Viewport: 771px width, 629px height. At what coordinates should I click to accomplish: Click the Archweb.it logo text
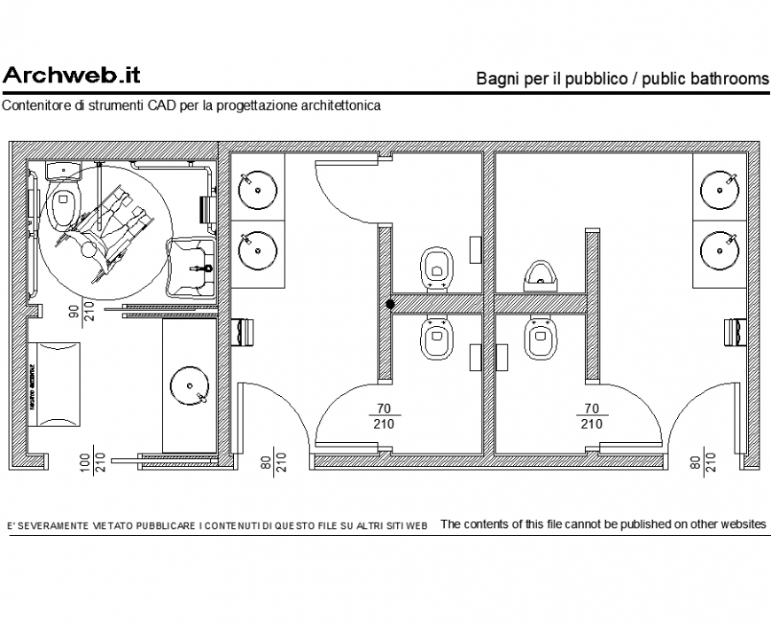[71, 75]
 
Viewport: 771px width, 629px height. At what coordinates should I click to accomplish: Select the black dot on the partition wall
[390, 304]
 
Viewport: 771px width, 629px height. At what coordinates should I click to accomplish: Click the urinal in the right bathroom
[540, 275]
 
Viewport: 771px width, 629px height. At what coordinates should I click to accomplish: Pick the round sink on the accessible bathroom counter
[189, 386]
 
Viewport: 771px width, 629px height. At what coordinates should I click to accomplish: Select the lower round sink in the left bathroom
[257, 248]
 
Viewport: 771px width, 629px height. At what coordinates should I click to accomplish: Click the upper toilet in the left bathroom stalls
[435, 267]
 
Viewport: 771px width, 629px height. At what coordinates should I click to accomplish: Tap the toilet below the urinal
[540, 338]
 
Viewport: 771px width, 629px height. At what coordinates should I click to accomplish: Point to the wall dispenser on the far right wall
[735, 330]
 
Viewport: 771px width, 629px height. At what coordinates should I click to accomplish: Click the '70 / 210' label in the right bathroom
[591, 416]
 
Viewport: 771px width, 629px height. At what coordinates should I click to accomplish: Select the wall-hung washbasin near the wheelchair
[192, 262]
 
